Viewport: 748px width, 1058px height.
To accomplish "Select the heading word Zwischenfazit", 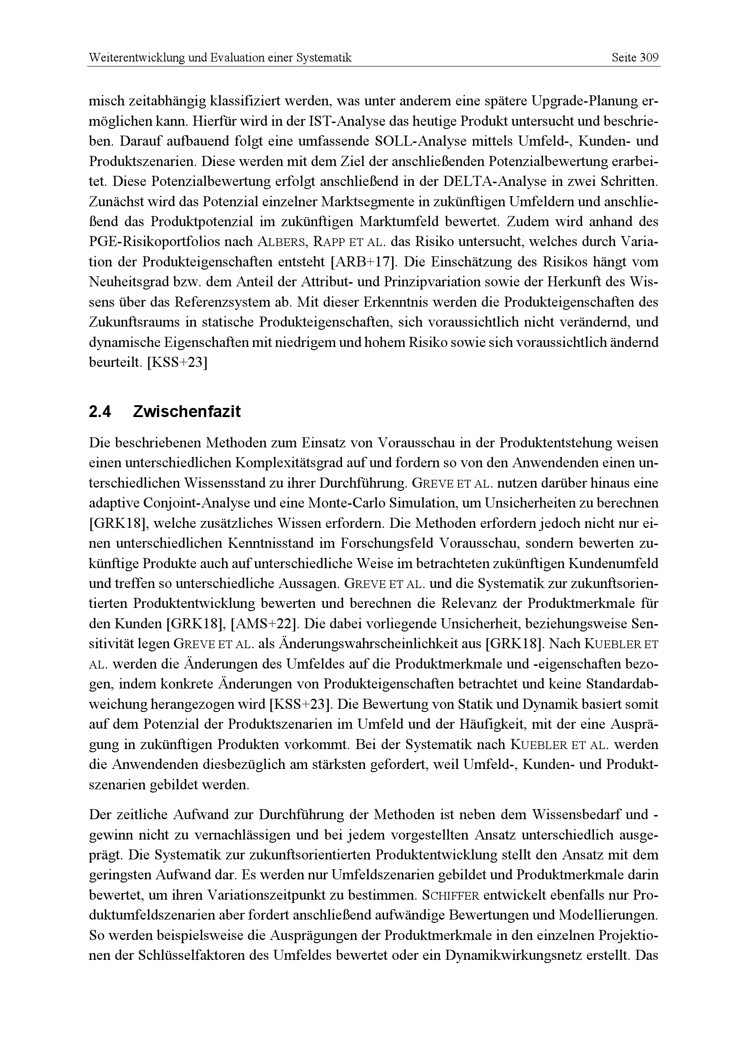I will [186, 412].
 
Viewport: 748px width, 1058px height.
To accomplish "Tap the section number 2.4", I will [100, 412].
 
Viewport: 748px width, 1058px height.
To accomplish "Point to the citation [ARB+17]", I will [364, 262].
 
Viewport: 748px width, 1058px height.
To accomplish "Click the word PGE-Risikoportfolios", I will [170, 242].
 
